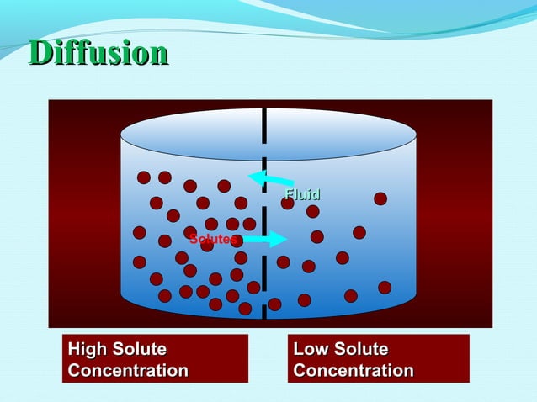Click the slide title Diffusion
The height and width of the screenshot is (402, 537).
click(x=98, y=52)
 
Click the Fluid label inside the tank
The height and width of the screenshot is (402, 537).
click(x=303, y=196)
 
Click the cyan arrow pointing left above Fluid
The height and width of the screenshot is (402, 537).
click(x=269, y=178)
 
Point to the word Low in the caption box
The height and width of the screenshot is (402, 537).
click(x=310, y=349)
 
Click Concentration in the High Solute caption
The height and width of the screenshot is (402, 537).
click(x=128, y=370)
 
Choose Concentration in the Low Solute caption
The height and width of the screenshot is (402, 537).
click(x=354, y=370)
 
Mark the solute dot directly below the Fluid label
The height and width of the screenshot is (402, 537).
click(x=313, y=211)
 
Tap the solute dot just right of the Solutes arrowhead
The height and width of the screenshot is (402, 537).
click(x=317, y=237)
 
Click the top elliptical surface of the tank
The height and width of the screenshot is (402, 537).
click(x=268, y=134)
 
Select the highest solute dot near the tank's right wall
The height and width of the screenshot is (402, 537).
click(x=380, y=198)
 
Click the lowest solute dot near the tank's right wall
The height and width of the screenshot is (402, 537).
click(x=385, y=288)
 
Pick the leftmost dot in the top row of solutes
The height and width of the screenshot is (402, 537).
click(x=144, y=177)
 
